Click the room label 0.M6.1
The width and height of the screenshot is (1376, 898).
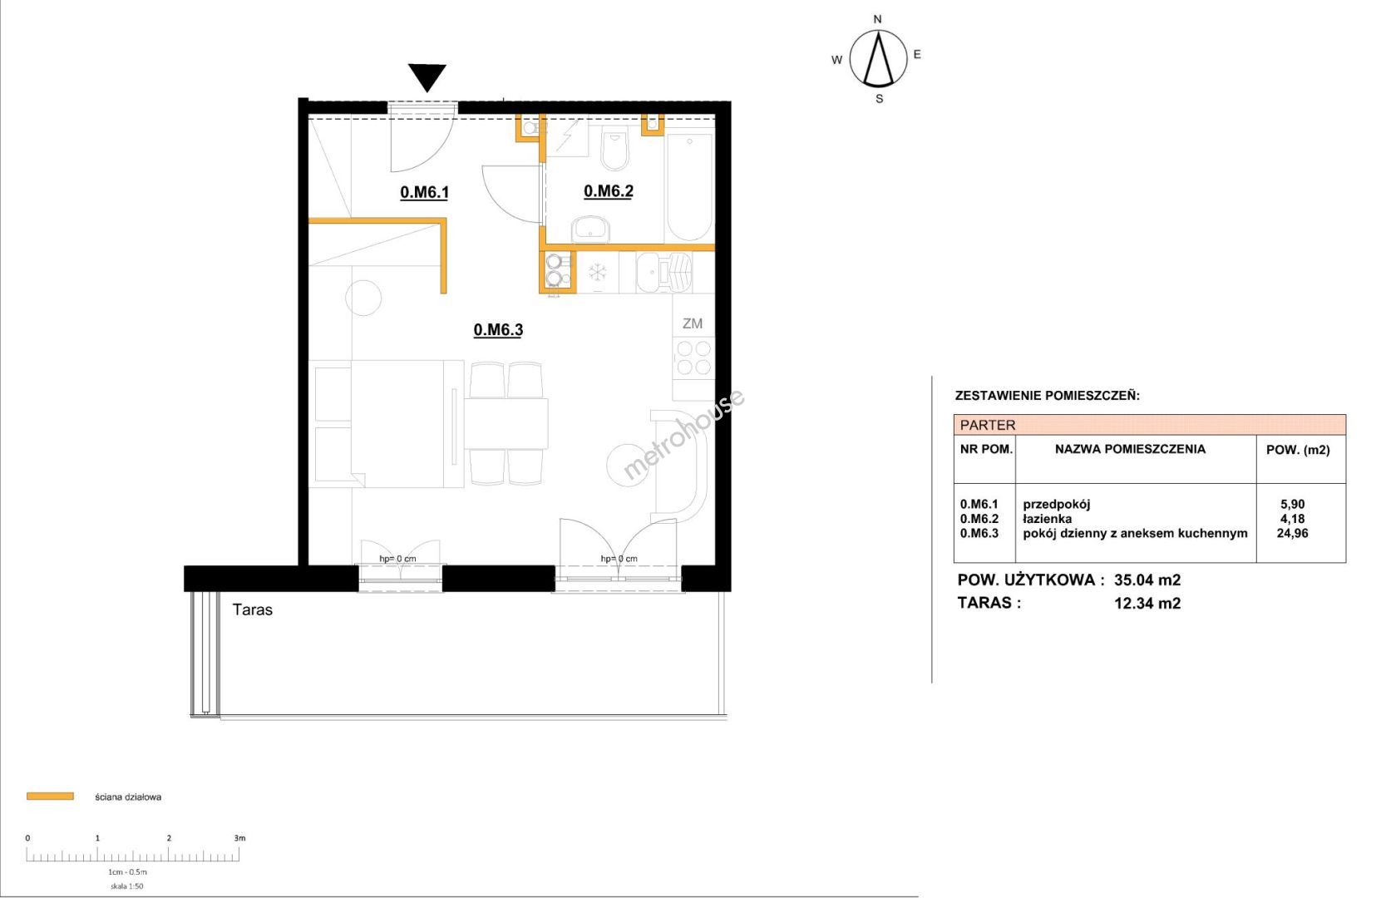pos(425,192)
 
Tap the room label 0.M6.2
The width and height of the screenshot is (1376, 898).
pos(608,191)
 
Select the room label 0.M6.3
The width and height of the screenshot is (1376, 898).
pos(498,330)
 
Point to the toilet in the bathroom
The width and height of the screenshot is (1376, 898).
pos(615,147)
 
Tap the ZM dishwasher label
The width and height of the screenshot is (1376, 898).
pos(693,323)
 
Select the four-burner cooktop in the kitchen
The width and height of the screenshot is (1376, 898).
pos(693,358)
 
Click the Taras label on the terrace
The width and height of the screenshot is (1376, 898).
pos(253,610)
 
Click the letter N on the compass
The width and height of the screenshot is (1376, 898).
pos(877,20)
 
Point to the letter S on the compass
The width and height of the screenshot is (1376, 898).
pos(879,99)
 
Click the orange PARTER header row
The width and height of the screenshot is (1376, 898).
pos(1149,425)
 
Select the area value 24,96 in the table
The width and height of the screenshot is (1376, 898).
pos(1293,533)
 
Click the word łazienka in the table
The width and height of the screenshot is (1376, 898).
pos(1048,518)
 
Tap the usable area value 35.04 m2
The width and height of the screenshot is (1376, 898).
pos(1147,580)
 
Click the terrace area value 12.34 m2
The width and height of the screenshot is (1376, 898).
pos(1147,603)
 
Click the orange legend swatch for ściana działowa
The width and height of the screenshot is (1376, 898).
pos(51,796)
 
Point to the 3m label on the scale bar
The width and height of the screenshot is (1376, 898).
pos(239,838)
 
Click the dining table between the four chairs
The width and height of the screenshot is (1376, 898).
pos(506,424)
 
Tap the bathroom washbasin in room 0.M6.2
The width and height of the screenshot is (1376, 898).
pos(591,229)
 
